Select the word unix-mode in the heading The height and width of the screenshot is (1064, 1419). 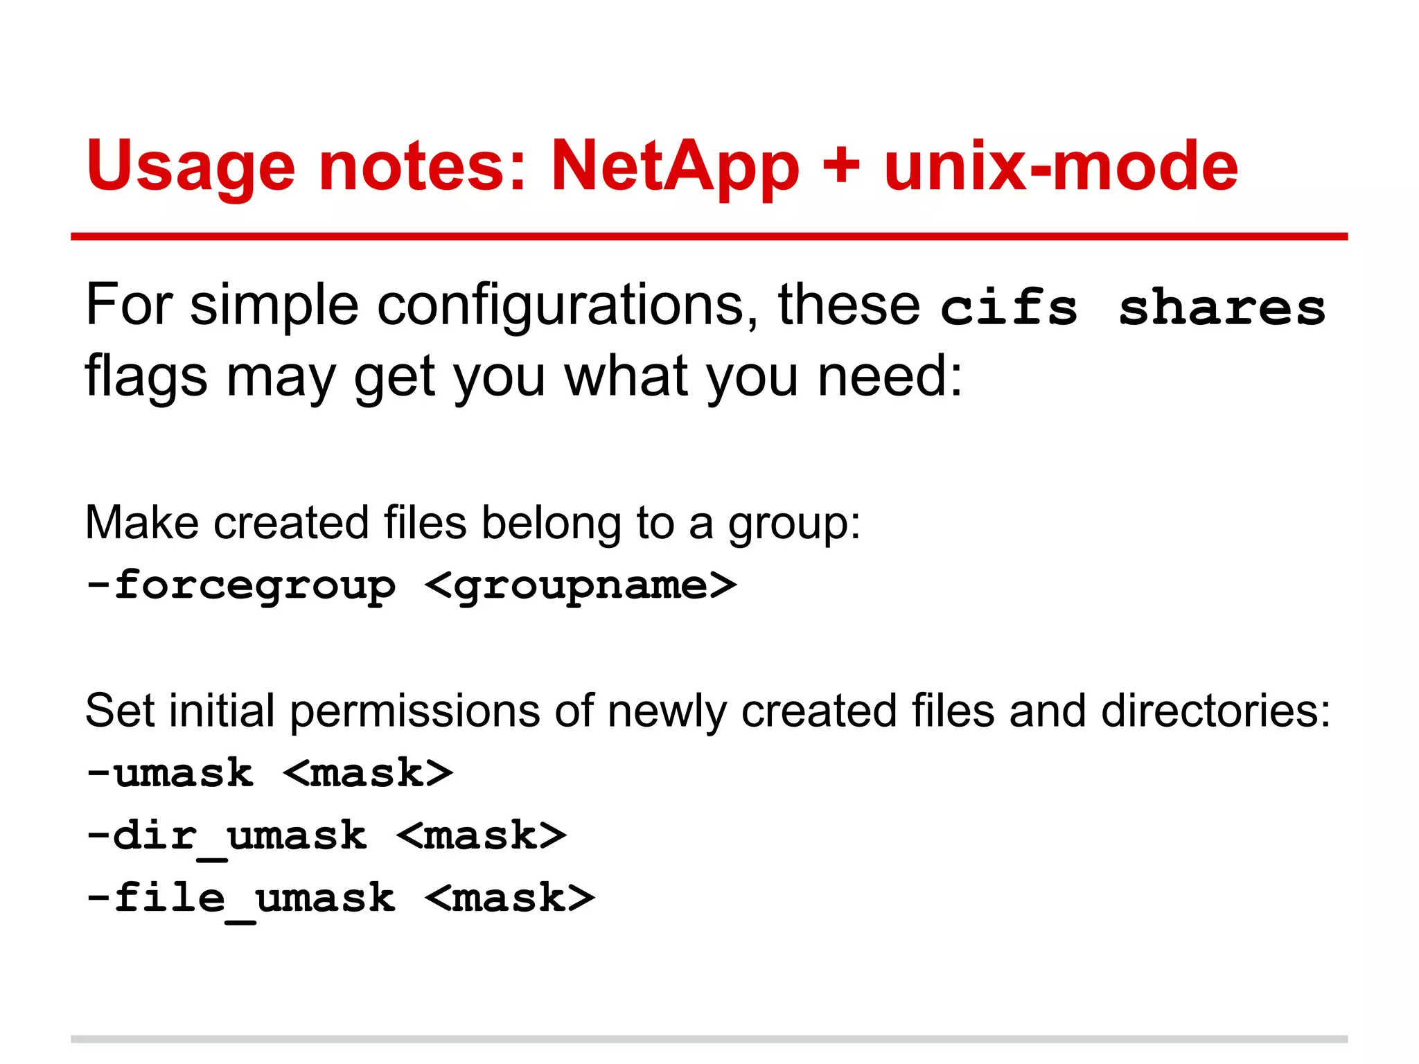1061,166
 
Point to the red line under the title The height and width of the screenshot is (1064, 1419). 709,237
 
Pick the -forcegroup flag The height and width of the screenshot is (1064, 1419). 240,586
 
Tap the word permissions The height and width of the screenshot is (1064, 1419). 414,712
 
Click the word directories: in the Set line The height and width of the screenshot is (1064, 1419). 1215,711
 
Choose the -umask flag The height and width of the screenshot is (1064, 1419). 170,773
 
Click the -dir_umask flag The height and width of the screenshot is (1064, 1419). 226,836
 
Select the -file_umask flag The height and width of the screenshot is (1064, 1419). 240,898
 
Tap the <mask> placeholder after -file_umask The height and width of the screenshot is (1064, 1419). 510,898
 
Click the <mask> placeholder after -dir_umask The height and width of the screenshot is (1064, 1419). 482,836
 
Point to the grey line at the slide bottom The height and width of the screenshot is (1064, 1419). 709,1039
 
